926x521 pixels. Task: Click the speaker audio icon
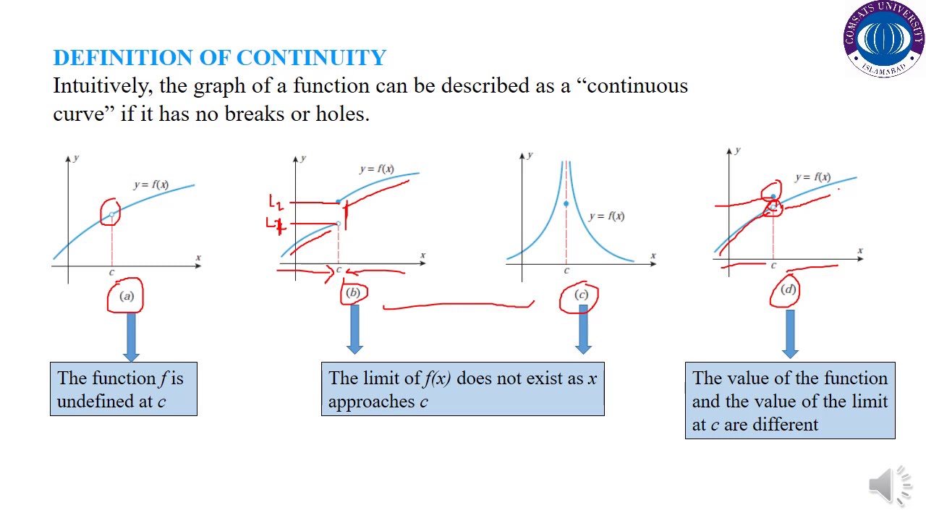[x=889, y=484]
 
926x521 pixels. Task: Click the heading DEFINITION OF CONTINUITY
[x=219, y=58]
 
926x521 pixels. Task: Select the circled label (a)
[x=126, y=296]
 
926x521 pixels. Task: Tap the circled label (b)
[x=353, y=292]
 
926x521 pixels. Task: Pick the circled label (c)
[x=581, y=295]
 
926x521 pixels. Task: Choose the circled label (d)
[x=788, y=289]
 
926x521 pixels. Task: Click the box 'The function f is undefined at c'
[x=123, y=389]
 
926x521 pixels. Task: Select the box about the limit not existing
[x=462, y=389]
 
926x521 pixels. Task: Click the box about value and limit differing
[x=789, y=401]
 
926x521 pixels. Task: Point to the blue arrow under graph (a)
[x=131, y=336]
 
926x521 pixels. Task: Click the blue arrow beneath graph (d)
[x=790, y=334]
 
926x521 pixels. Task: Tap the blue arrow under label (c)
[x=583, y=329]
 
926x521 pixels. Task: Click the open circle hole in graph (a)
[x=111, y=215]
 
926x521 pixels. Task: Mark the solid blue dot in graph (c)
[x=566, y=204]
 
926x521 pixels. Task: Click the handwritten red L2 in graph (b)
[x=276, y=202]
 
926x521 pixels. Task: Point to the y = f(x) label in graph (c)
[x=606, y=216]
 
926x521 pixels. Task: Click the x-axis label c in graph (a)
[x=111, y=272]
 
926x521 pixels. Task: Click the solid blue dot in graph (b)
[x=339, y=201]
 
